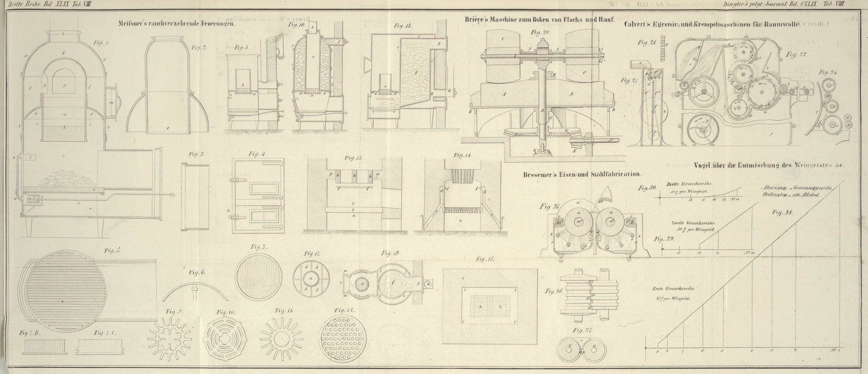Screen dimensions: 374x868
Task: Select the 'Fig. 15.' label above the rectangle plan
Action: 485,259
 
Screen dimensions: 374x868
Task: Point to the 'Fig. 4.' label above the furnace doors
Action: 258,154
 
